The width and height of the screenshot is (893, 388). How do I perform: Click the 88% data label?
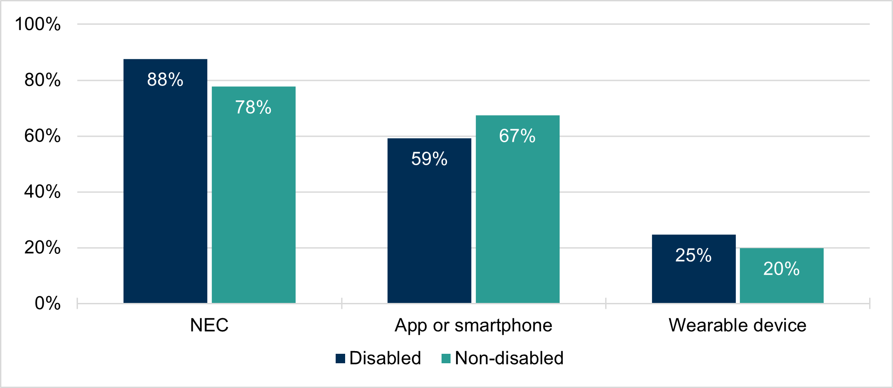coord(165,80)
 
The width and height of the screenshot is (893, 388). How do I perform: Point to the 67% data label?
coord(517,136)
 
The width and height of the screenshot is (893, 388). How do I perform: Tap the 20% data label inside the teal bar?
coord(781,269)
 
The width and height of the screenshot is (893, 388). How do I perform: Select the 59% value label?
coord(429,159)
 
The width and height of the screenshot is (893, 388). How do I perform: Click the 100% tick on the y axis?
coord(38,24)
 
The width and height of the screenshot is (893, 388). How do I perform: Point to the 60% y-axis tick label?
coord(42,136)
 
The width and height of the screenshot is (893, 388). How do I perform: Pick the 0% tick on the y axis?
coord(47,303)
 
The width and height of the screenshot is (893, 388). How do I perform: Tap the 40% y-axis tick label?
coord(42,192)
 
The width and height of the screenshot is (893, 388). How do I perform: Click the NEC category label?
coord(209,325)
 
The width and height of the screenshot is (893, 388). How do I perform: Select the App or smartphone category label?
coord(474,325)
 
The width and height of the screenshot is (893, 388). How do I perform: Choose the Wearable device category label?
coord(738,325)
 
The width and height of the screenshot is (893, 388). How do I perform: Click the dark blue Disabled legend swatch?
coord(341,358)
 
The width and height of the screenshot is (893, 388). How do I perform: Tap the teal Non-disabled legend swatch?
coord(446,358)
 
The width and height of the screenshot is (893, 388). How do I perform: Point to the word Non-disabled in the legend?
coord(509,358)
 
